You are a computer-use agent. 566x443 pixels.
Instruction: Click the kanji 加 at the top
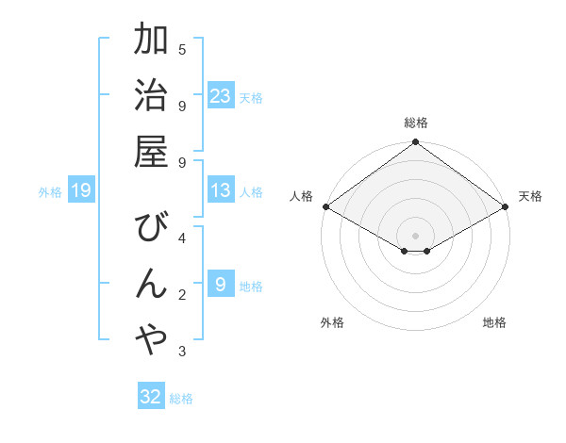[151, 41]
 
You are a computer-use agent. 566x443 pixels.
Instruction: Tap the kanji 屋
[151, 151]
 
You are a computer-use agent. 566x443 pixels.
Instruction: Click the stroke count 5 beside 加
[182, 49]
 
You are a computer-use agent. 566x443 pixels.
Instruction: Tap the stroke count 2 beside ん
[182, 295]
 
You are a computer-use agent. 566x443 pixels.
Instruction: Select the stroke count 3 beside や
[182, 352]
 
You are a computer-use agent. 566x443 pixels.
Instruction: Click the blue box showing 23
[221, 96]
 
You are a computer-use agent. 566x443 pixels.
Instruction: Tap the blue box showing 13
[221, 190]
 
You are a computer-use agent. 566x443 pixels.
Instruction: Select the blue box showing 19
[80, 190]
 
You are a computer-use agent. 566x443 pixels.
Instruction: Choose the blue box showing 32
[151, 397]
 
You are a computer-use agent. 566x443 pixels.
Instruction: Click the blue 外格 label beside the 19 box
[50, 192]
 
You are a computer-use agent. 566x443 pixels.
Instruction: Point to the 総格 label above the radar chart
[415, 123]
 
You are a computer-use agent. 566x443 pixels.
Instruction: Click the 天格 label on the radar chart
[531, 196]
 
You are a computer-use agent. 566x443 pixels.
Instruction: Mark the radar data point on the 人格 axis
[325, 206]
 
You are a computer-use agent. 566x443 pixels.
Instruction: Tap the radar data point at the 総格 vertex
[415, 143]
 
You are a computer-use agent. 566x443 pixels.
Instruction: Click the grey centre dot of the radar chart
[415, 234]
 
